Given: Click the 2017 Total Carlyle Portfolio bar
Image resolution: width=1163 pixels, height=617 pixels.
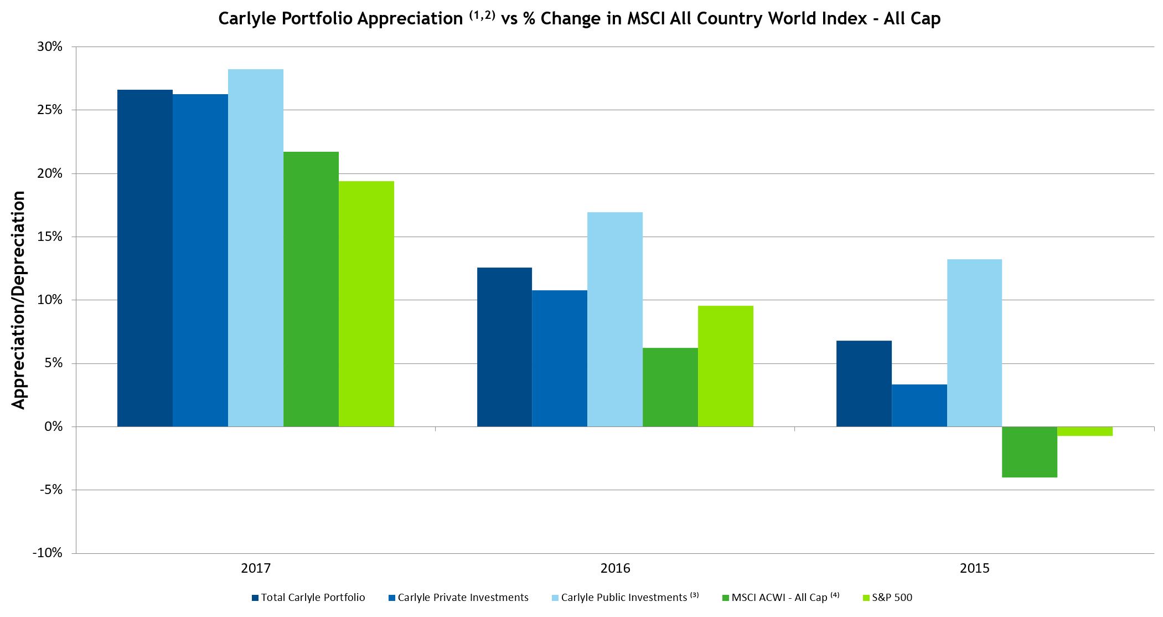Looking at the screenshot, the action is point(145,258).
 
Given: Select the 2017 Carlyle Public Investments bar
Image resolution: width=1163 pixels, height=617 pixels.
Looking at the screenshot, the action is point(256,248).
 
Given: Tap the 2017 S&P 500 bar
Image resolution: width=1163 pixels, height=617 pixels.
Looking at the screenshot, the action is point(366,304).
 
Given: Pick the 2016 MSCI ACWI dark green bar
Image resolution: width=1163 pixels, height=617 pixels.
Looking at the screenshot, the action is point(670,387).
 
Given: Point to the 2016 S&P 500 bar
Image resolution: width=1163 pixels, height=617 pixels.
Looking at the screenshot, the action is point(726,366).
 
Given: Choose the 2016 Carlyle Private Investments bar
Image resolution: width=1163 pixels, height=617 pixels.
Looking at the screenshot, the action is point(560,358).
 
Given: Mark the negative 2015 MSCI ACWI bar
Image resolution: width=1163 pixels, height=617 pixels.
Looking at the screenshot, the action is point(1030,452).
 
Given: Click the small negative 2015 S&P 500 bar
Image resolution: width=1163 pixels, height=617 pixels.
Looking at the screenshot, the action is point(1085,431).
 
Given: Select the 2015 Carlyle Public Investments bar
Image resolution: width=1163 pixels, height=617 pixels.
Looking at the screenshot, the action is point(974,343).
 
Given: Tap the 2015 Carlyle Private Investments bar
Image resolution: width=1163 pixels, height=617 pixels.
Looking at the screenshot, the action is point(919,405).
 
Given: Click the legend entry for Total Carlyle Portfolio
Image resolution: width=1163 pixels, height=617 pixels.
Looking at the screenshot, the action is point(308,598).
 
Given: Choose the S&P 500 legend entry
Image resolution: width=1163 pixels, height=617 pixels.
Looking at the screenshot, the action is point(887,598).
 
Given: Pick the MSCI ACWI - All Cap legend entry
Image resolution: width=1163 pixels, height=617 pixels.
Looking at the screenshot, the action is point(781,598).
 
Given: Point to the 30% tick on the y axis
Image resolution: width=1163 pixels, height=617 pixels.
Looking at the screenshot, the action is point(50,47).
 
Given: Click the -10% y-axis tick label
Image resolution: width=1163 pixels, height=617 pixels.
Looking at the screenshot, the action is point(48,553).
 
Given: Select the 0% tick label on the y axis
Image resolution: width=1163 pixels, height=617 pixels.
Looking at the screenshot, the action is point(53,426).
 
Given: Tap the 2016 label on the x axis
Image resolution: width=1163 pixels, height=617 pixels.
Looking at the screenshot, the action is point(615,568).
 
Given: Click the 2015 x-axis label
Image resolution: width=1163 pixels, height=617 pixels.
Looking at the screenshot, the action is point(974,568).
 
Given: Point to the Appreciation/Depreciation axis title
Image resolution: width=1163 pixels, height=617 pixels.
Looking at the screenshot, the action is point(18,300).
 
